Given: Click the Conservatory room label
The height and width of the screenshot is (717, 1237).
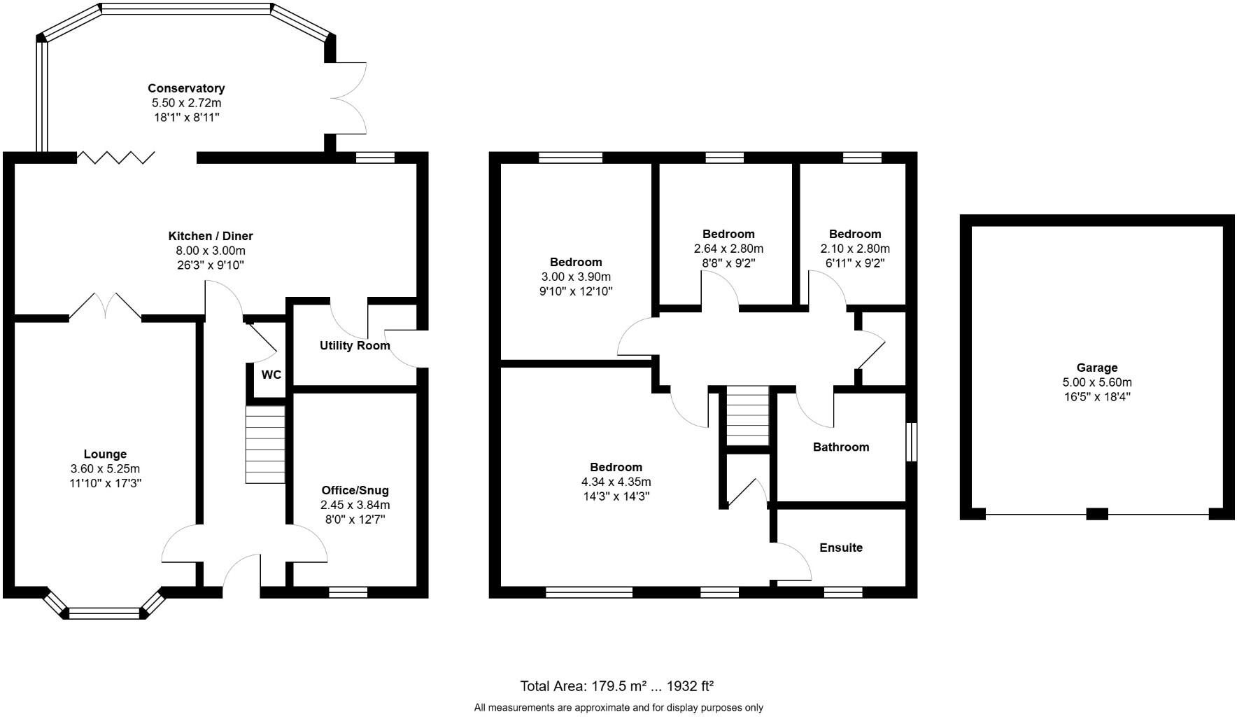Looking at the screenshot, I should (186, 88).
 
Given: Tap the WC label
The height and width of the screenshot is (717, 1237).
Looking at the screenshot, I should (271, 375).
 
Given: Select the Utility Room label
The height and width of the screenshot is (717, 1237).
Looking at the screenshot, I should (355, 345).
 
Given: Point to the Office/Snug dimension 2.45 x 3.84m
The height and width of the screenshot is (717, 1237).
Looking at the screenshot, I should (355, 505).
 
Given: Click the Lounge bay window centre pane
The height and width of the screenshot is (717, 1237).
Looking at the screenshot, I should (105, 613).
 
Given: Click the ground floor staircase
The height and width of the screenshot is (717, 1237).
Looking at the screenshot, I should (265, 445).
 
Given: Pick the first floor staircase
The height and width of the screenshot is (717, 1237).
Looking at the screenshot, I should (748, 415).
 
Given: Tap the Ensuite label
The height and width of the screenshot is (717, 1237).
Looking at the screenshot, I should (841, 548).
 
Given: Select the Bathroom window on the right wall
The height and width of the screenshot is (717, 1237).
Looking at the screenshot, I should (911, 441).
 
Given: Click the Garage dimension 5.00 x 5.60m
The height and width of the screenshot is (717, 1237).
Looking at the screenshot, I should (1096, 382).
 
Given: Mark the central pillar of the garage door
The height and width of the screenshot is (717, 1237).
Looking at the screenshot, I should (1096, 513).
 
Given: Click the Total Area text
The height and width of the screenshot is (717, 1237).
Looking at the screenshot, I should (616, 685).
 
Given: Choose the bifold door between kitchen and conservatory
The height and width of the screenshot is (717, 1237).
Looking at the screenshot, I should (115, 157).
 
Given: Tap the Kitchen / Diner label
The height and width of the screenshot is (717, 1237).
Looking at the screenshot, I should (211, 236).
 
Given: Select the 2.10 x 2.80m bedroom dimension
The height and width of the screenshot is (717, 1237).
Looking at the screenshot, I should (855, 249).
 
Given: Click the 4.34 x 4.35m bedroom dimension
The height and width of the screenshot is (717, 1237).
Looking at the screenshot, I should (616, 482).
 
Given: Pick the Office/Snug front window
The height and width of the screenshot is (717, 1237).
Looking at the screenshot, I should (348, 592).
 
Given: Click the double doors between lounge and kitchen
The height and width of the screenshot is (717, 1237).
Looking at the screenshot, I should (106, 308).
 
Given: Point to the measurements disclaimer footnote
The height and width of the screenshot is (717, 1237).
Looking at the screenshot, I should (618, 708).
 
